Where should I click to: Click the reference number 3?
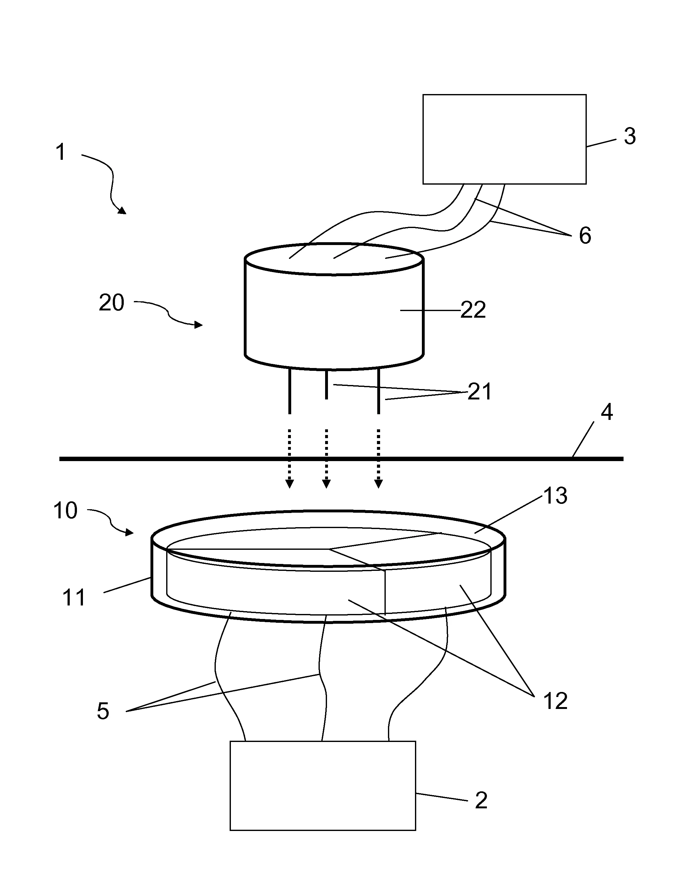pyautogui.click(x=630, y=136)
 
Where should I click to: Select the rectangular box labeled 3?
pyautogui.click(x=504, y=139)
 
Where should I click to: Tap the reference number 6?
pyautogui.click(x=585, y=236)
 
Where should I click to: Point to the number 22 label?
pyautogui.click(x=473, y=310)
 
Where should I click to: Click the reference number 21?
pyautogui.click(x=479, y=391)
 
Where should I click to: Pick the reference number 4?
pyautogui.click(x=607, y=412)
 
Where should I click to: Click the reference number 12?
pyautogui.click(x=555, y=701)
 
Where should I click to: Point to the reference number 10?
pyautogui.click(x=65, y=510)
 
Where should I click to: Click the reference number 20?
pyautogui.click(x=111, y=303)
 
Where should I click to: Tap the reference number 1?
pyautogui.click(x=60, y=153)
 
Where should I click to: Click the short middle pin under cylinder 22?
pyautogui.click(x=326, y=384)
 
